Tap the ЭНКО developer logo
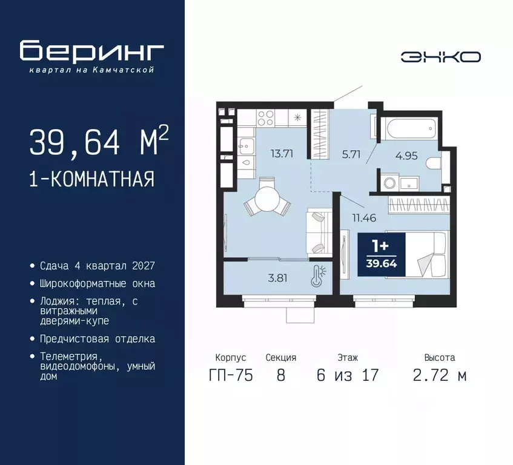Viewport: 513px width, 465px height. [440, 56]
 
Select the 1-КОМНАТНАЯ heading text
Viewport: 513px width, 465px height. [91, 179]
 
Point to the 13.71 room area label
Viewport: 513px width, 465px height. [282, 153]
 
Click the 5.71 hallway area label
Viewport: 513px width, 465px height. [351, 154]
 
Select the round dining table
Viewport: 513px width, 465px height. [266, 197]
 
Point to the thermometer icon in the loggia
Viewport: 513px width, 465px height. [317, 276]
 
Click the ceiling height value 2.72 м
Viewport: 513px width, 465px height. [439, 375]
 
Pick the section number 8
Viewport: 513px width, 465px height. [280, 375]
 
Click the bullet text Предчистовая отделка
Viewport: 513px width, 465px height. [97, 338]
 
